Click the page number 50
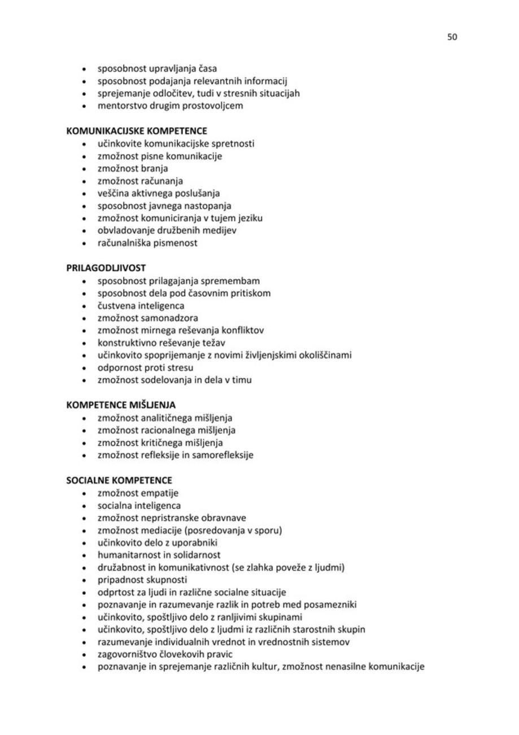(452, 37)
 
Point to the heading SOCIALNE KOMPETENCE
(119, 481)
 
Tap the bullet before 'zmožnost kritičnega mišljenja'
(84, 443)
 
